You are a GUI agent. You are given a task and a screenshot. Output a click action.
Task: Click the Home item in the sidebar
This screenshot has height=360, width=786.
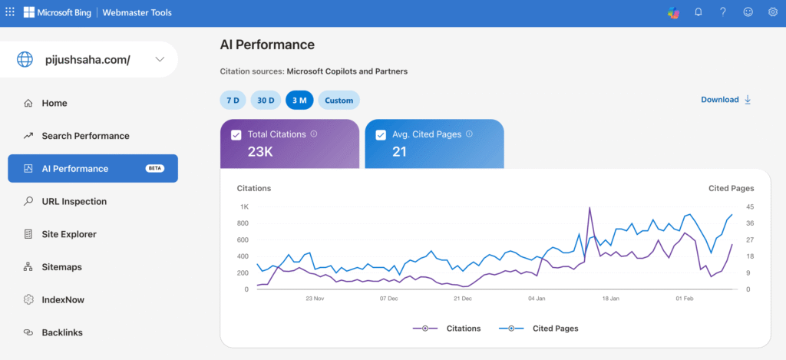pyautogui.click(x=54, y=104)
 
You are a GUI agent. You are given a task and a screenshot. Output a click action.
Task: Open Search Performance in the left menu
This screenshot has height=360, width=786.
pyautogui.click(x=85, y=136)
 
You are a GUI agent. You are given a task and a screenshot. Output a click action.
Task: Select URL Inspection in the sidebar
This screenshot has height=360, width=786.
pyautogui.click(x=74, y=202)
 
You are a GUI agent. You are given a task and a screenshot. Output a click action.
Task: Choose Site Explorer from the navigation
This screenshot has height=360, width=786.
pyautogui.click(x=68, y=234)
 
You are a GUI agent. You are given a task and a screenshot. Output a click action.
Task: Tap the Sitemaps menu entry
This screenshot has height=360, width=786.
pyautogui.click(x=61, y=267)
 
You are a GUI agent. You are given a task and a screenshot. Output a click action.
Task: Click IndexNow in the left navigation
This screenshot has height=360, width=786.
pyautogui.click(x=64, y=300)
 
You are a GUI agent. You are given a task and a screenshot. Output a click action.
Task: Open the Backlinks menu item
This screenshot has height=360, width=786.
pyautogui.click(x=62, y=332)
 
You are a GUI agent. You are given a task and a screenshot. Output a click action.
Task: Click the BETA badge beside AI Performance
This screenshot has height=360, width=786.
pyautogui.click(x=155, y=168)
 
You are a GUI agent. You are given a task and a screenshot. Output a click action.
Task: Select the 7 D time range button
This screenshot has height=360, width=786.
pyautogui.click(x=233, y=101)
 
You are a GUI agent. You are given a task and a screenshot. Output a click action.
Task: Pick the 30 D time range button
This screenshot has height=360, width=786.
pyautogui.click(x=266, y=101)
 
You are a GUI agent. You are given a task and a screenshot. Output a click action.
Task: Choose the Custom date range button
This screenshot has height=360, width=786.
pyautogui.click(x=339, y=101)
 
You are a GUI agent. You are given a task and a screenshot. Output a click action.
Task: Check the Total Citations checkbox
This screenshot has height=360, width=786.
pyautogui.click(x=236, y=135)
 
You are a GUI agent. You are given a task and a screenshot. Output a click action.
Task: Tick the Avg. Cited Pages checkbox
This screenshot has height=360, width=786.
pyautogui.click(x=381, y=135)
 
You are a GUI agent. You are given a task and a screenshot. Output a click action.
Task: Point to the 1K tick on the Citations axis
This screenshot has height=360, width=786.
pyautogui.click(x=243, y=206)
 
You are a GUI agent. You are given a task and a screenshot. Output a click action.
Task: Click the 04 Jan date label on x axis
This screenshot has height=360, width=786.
pyautogui.click(x=537, y=298)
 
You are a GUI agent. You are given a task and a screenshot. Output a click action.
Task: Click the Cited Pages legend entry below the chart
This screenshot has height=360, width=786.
pyautogui.click(x=538, y=329)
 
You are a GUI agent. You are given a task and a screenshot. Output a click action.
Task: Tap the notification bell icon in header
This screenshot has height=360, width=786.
pyautogui.click(x=698, y=12)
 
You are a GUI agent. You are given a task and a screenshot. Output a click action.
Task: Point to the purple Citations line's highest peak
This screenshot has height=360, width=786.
pyautogui.click(x=589, y=208)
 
